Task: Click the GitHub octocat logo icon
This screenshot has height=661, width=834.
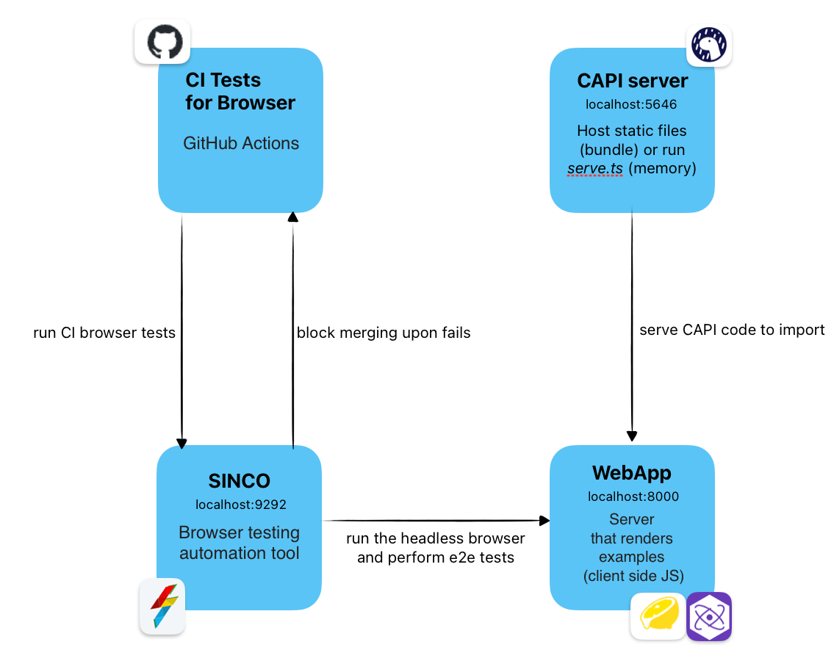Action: pos(162,42)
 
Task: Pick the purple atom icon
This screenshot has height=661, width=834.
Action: pos(709,616)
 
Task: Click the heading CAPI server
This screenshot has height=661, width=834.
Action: pos(633,80)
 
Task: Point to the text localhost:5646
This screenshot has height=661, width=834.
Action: pos(632,104)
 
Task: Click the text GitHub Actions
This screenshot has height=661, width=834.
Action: pos(241,143)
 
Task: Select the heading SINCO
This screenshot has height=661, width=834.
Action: pos(240,481)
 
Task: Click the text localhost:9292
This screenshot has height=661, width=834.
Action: pos(240,505)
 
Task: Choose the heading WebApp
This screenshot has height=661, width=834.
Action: pos(632,472)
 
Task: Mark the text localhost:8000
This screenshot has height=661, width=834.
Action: pos(633,496)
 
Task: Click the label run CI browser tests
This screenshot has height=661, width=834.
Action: pos(104,333)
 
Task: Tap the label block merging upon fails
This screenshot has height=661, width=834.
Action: pos(383,333)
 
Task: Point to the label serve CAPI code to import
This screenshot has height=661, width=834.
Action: pos(732,330)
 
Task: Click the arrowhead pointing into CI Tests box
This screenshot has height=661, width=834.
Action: pos(292,216)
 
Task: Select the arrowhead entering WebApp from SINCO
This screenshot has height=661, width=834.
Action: pos(544,521)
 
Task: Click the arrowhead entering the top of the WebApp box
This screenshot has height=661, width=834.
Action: pos(632,436)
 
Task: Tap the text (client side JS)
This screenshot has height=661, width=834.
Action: pos(632,576)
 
